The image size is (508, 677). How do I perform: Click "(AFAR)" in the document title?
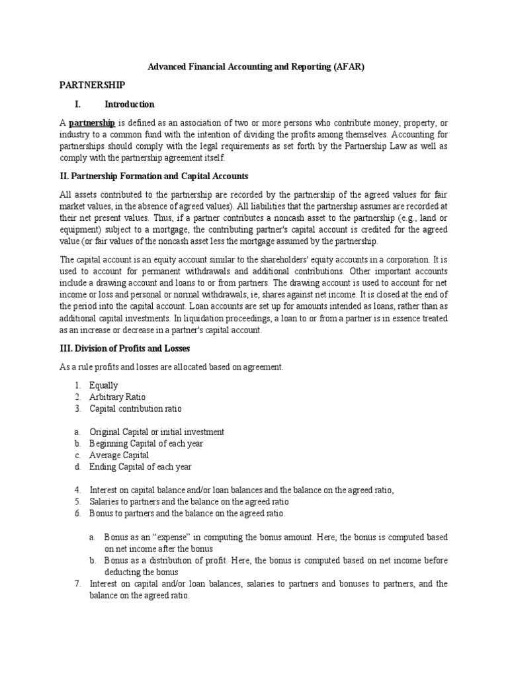coord(347,67)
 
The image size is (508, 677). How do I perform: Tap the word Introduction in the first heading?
coord(129,104)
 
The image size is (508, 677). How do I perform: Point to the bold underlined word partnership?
coord(93,122)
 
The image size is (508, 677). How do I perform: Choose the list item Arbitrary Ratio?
coord(117,397)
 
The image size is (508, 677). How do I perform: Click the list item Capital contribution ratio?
coord(135,409)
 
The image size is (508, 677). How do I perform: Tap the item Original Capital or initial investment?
coord(156,432)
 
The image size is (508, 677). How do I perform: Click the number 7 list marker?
coord(77,584)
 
